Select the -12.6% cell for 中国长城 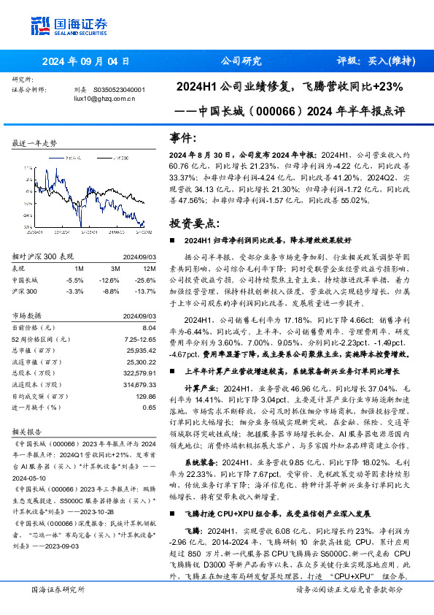[109, 280]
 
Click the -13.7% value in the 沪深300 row [139, 291]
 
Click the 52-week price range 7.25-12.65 [134, 340]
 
